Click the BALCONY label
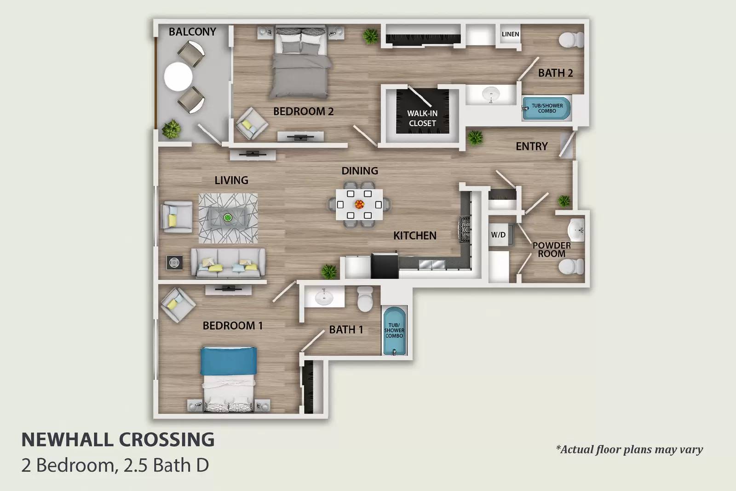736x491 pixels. (192, 32)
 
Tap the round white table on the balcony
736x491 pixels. (178, 76)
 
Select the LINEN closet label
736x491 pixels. (510, 34)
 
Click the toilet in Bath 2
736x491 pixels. (571, 40)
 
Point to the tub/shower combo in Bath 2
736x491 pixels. (547, 109)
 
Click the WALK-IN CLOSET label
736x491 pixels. (422, 118)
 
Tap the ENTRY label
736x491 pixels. (531, 146)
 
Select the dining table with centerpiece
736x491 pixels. (359, 204)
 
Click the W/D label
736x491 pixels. (498, 235)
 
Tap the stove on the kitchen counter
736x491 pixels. (465, 229)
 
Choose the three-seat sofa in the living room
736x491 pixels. (228, 264)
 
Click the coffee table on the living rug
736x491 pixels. (228, 218)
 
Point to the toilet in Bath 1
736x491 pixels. (365, 299)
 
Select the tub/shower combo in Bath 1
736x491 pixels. (395, 330)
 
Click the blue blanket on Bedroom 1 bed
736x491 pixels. (228, 361)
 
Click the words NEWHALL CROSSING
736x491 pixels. (118, 440)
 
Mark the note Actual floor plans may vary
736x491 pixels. (629, 450)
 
